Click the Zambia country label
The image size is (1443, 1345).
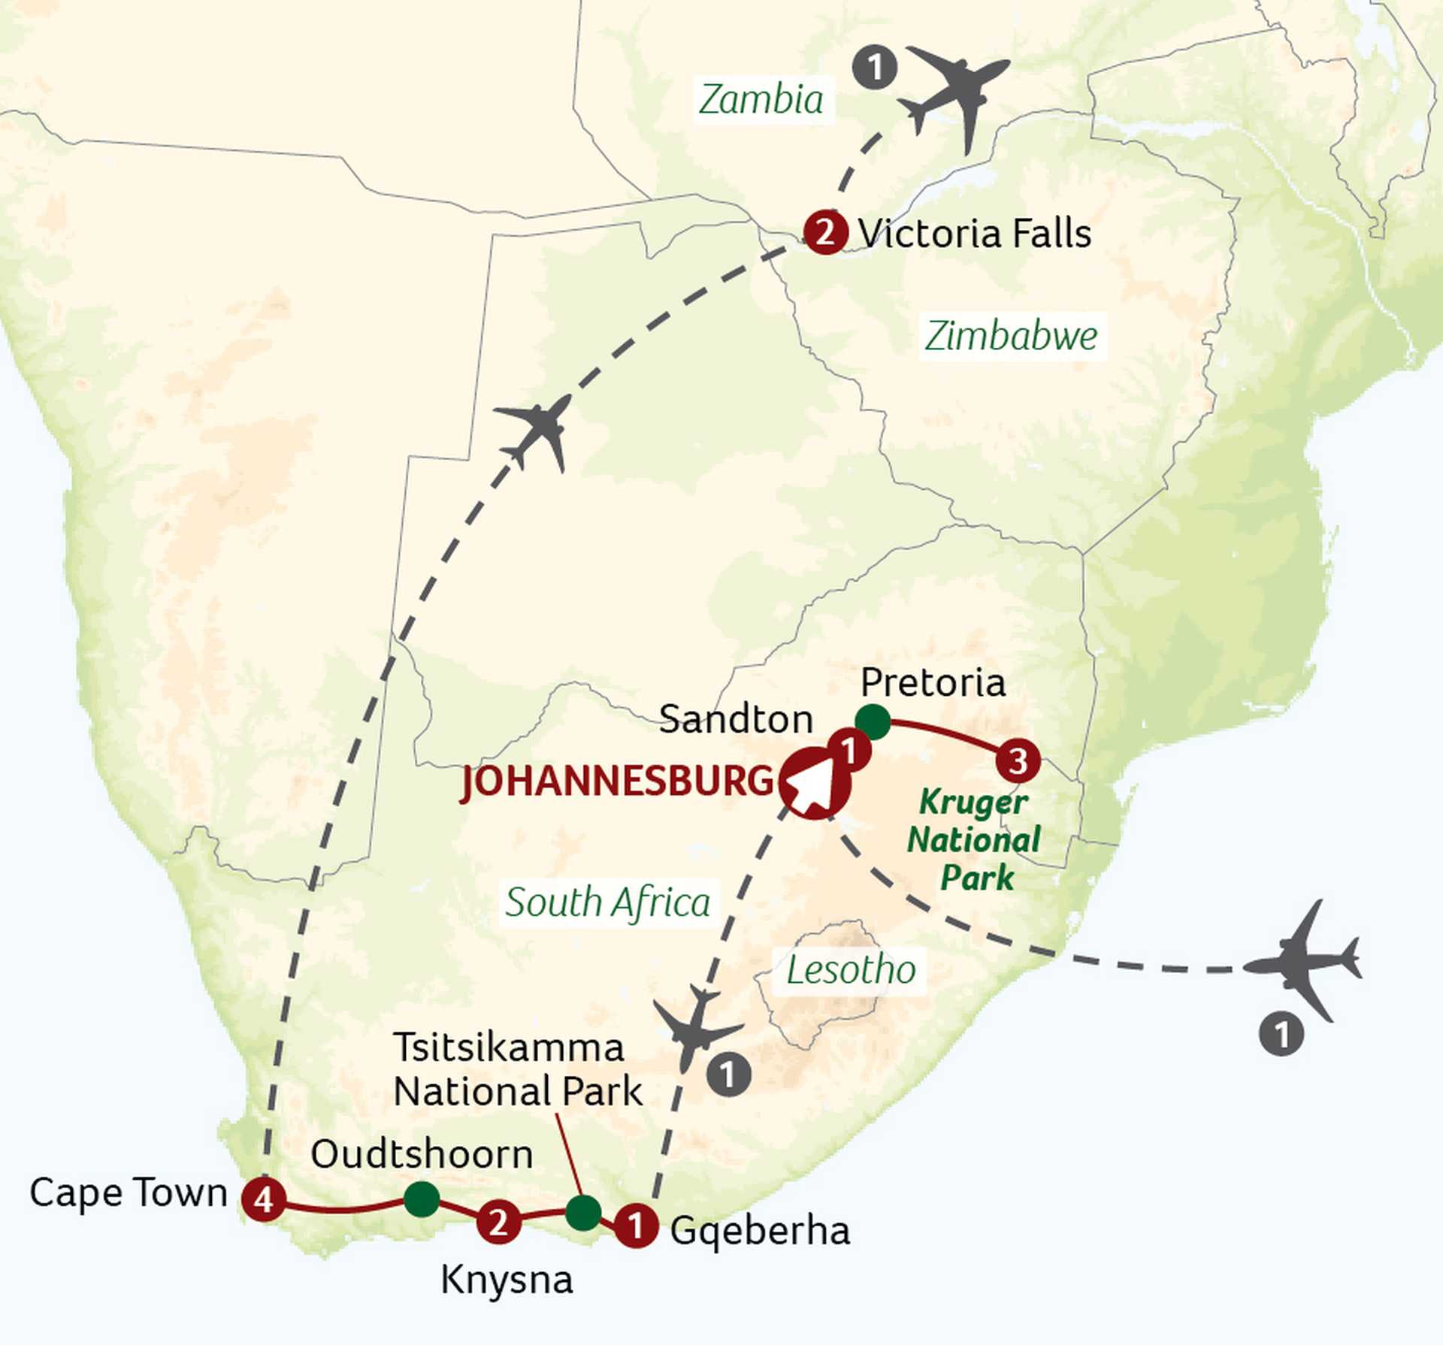click(x=761, y=99)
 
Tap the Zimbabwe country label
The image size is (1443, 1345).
click(x=1011, y=335)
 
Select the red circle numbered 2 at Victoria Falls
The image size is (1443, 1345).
click(x=825, y=232)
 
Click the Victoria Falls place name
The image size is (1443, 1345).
click(x=974, y=233)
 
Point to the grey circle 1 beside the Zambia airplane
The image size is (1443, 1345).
click(x=875, y=68)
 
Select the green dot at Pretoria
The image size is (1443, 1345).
click(x=873, y=721)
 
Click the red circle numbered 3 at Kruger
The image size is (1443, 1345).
click(x=1018, y=760)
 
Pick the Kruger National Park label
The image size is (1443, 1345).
click(x=974, y=839)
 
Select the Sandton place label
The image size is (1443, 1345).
click(x=736, y=719)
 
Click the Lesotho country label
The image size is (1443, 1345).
click(x=851, y=969)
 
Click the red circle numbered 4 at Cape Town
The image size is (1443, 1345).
click(x=263, y=1198)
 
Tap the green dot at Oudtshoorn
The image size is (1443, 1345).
click(x=422, y=1198)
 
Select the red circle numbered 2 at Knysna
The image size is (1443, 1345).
click(x=498, y=1221)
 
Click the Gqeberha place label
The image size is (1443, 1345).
click(x=760, y=1230)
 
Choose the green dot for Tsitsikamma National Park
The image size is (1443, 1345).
click(x=583, y=1212)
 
